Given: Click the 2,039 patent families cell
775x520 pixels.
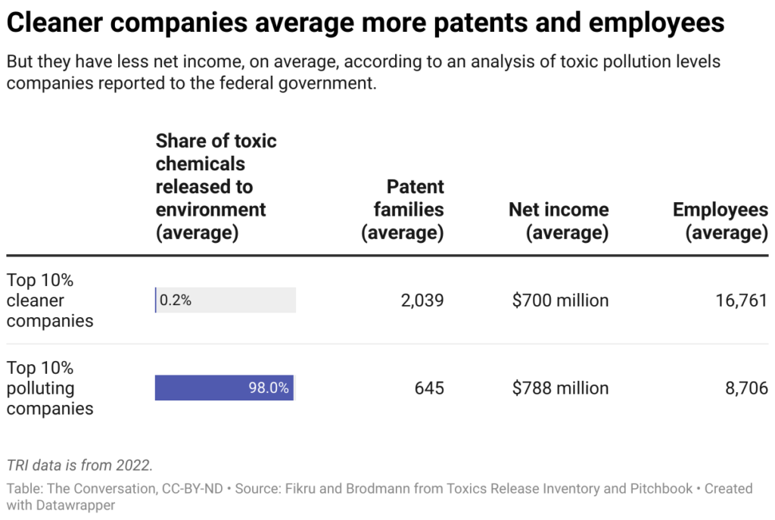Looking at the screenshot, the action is pos(422,300).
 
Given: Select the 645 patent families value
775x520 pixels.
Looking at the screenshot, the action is pos(429,388).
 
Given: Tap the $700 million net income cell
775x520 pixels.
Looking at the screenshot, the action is pos(560,300).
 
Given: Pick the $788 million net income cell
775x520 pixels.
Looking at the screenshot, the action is pos(560,388).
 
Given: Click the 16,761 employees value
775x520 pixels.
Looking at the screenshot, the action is pos(742,300).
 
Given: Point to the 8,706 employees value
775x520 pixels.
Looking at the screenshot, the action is pos(746,388).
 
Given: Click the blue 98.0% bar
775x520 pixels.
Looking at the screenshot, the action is pos(224,388).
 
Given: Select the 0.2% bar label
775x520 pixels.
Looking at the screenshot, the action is pos(176,300).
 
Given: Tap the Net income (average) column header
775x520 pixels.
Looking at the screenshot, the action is pos(559,221).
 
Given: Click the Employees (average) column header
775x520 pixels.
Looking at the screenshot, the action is pos(721,221).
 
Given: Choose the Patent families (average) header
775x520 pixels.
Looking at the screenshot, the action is pos(403,210).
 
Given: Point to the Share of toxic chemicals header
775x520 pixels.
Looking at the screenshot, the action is pos(216,187).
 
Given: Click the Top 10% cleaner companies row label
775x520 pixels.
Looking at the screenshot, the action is pos(50,300).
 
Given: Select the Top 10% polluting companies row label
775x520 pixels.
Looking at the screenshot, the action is pos(50,388).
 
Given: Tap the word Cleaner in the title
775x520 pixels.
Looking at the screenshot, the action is pos(54,23).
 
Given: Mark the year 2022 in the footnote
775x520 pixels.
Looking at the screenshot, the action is pos(133,466).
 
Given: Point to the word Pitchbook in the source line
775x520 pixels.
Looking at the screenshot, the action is pos(661,488).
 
